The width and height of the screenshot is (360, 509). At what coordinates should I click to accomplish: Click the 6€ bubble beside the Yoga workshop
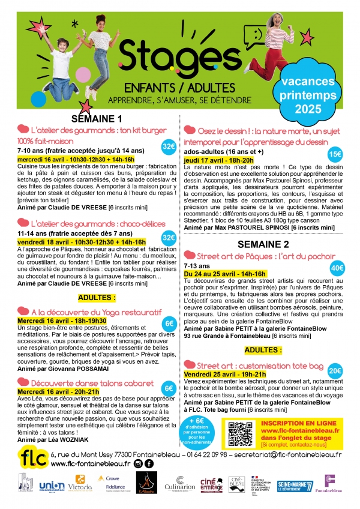[170, 324]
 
